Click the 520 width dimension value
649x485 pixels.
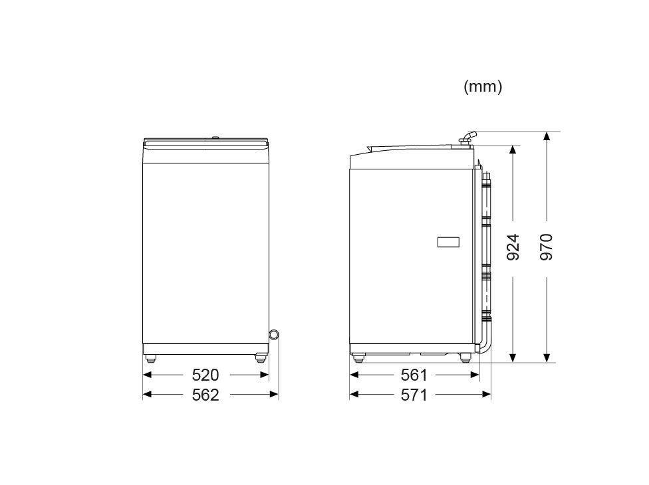pos(205,375)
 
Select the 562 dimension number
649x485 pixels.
pos(205,395)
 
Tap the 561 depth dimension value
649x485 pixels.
pos(414,375)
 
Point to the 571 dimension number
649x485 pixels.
pos(414,395)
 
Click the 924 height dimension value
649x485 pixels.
pos(513,247)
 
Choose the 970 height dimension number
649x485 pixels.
pos(547,247)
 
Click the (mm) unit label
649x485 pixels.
pos(483,87)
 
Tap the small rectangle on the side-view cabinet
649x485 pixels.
pos(448,242)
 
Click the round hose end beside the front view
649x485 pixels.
pos(274,334)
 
